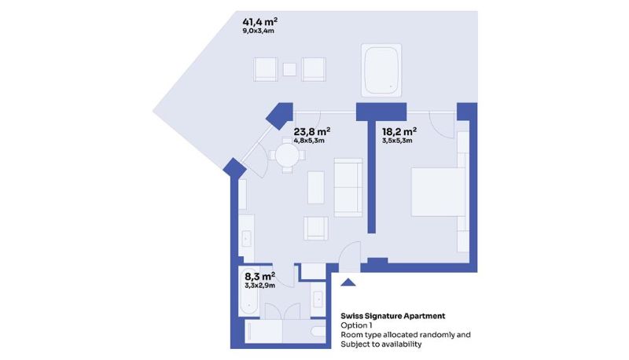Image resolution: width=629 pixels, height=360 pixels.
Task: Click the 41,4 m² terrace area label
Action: [260, 22]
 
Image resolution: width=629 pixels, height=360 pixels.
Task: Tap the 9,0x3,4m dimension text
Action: [259, 31]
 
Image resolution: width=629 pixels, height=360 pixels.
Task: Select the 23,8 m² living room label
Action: [311, 131]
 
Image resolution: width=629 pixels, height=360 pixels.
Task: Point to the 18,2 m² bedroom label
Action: [399, 131]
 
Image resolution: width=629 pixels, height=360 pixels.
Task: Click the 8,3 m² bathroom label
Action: [260, 276]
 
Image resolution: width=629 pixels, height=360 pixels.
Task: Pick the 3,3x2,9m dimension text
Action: [260, 285]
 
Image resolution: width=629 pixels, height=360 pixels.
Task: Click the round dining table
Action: [287, 155]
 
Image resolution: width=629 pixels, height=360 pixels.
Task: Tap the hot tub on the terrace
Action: [381, 70]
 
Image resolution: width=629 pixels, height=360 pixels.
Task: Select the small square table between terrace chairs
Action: [289, 70]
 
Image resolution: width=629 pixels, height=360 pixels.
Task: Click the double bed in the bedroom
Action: [438, 192]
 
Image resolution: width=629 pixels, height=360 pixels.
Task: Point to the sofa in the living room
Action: [348, 187]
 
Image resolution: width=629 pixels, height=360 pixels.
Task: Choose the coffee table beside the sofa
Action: [316, 187]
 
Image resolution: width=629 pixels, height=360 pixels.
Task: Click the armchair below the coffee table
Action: [316, 229]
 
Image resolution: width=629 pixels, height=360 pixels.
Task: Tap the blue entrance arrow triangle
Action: [348, 282]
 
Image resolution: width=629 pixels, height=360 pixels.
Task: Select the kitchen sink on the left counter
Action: [246, 239]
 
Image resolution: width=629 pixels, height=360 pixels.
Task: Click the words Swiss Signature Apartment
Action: [392, 316]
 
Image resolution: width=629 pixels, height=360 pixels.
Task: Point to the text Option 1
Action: [356, 325]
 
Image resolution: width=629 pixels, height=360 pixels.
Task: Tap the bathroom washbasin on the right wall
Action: [318, 299]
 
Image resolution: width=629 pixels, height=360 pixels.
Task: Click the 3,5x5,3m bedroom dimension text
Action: [397, 141]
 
